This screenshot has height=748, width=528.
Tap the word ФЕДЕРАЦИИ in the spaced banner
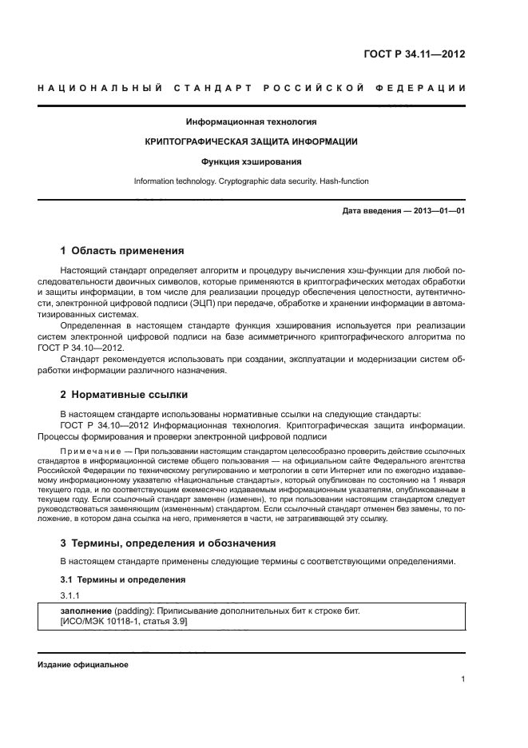coord(426,86)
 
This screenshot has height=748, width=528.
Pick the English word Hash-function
coord(344,181)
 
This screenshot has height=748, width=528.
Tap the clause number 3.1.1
coord(70,595)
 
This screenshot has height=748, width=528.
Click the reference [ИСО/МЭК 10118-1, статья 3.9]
coord(118,622)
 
